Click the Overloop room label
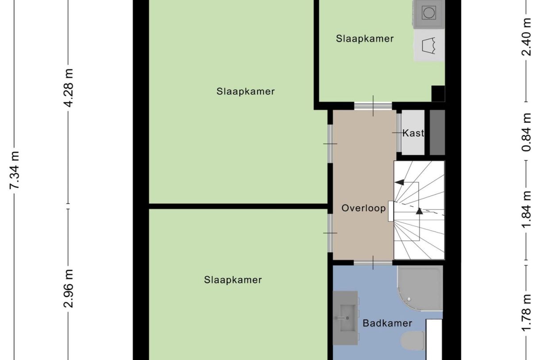(363, 208)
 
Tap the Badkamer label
(387, 323)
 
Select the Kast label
(413, 133)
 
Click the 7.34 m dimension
(15, 170)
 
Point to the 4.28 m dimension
(69, 88)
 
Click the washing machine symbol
(428, 13)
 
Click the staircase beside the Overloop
(420, 210)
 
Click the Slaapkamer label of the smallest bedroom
(365, 39)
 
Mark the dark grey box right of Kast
(437, 132)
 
